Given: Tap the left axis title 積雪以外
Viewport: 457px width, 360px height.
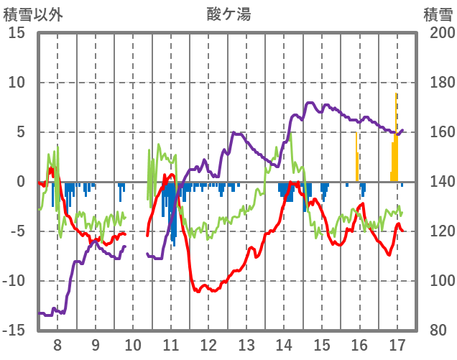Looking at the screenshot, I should (x=32, y=14).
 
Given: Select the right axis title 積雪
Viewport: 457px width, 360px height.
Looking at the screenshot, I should (x=437, y=14).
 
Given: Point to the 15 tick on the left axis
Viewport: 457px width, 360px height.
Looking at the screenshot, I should (x=18, y=33).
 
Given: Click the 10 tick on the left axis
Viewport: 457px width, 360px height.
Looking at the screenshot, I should (x=18, y=83).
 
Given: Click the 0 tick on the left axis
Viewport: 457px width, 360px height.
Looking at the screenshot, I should (x=22, y=182).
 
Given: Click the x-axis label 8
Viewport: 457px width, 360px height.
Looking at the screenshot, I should (x=57, y=344).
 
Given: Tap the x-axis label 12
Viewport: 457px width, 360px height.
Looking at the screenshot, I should (x=208, y=344).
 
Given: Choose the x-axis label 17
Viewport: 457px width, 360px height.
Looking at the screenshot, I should (x=397, y=344).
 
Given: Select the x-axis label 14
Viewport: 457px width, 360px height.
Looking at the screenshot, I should (x=284, y=344).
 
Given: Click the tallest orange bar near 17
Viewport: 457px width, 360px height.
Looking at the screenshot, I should (x=396, y=137).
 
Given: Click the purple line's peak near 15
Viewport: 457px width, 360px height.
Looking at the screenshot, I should (x=310, y=103).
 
